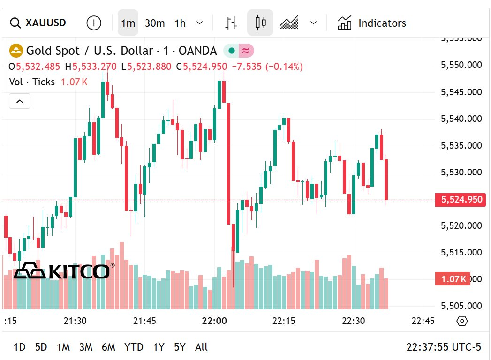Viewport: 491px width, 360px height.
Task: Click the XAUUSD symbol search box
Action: point(38,22)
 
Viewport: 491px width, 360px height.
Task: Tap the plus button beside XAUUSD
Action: point(94,22)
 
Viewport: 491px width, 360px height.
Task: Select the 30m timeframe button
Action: point(154,23)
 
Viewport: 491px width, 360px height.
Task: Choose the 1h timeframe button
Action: point(180,23)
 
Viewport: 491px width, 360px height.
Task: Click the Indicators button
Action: point(372,23)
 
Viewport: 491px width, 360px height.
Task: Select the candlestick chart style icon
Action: point(260,22)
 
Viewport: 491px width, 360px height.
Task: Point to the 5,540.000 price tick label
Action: point(461,119)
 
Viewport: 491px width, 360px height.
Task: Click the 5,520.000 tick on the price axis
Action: point(461,225)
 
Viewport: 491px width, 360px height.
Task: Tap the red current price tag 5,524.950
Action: point(461,200)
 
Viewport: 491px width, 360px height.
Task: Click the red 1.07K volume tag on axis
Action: point(453,279)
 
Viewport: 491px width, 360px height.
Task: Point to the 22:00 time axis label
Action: point(214,321)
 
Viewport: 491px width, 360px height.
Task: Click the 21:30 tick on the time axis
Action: point(75,321)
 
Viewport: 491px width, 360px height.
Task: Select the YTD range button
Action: point(134,347)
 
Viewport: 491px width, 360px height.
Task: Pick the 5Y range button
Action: point(180,347)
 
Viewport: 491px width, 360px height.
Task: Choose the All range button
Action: point(201,347)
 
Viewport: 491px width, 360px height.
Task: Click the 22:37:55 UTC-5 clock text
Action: point(444,347)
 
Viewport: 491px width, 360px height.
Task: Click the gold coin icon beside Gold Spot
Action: point(16,51)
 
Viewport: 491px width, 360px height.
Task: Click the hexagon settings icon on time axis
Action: point(462,321)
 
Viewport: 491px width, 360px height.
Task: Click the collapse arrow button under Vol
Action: point(20,101)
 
